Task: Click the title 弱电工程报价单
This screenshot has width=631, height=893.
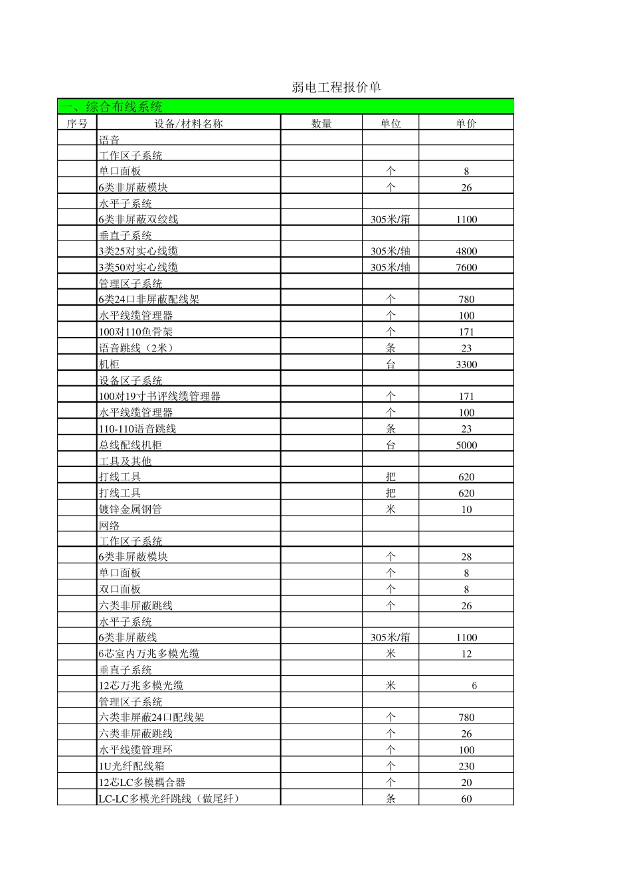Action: (336, 88)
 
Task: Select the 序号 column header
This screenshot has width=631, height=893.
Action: (77, 124)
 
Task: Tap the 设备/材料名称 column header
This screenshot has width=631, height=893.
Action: (189, 124)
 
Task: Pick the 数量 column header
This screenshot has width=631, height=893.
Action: (321, 124)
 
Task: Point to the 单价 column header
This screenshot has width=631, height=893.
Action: (466, 124)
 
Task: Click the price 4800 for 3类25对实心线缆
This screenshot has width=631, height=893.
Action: (466, 251)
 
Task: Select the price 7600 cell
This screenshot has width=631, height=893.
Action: (466, 267)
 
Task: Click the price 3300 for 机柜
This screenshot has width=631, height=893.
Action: (466, 364)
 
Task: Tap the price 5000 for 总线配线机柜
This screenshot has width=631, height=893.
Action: (466, 445)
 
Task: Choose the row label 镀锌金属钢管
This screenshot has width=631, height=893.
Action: (130, 510)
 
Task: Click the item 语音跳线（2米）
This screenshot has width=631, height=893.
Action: (136, 348)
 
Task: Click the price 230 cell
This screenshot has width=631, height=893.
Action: (466, 766)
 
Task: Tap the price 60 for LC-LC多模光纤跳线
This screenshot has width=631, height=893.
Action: (466, 799)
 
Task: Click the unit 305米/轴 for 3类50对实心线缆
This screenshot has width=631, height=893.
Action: (391, 267)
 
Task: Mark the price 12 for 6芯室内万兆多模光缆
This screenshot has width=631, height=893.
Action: (466, 654)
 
